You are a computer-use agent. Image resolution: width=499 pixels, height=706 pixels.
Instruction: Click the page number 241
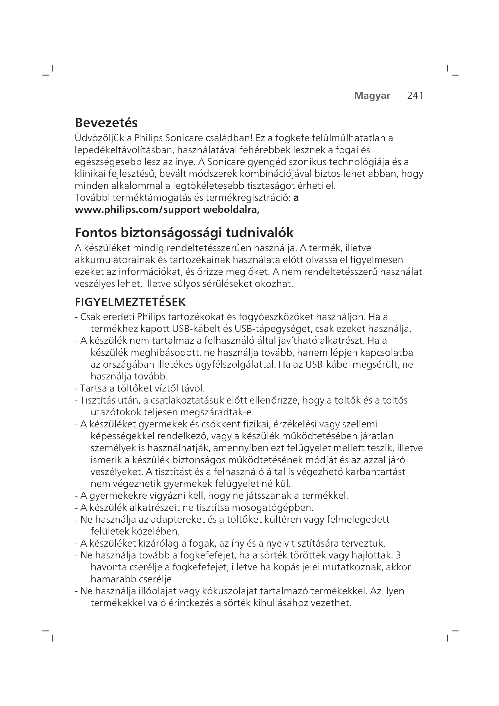[x=415, y=96]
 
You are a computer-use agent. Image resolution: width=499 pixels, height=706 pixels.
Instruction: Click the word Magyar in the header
[x=372, y=96]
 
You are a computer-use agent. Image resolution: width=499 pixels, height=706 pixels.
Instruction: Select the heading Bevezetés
[x=106, y=123]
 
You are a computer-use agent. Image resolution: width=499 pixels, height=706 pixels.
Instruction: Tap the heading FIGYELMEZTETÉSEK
[x=130, y=302]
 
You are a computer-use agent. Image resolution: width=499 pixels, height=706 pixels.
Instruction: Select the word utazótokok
[x=116, y=412]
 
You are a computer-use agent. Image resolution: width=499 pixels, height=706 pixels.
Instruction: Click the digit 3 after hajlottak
[x=399, y=555]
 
